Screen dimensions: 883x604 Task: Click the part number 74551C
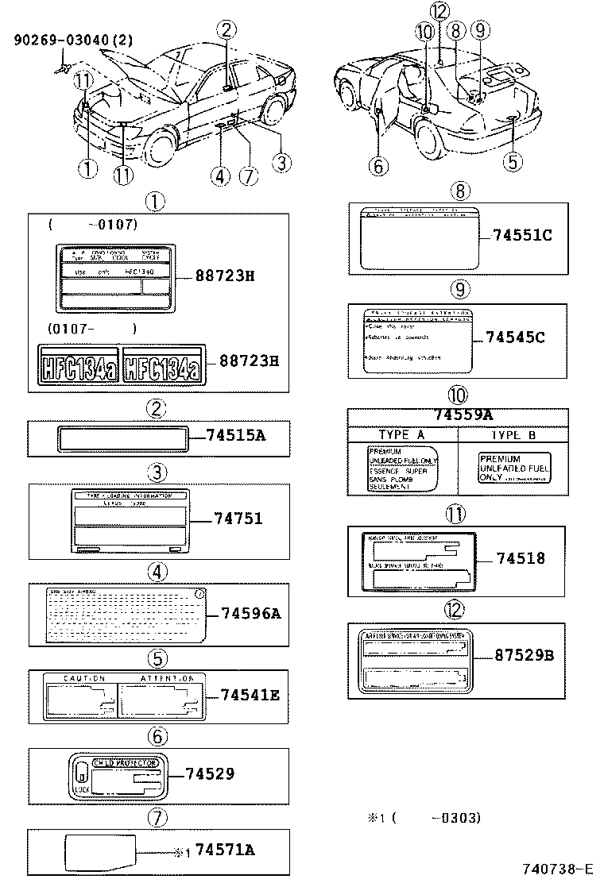521,235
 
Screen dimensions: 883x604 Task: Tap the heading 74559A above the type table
463,415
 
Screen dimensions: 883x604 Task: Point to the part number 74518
521,558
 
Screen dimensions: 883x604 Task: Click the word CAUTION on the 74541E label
84,679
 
